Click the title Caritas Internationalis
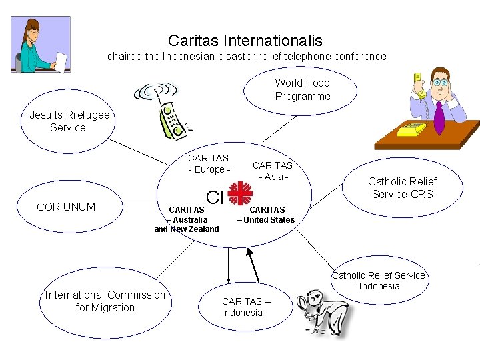click(x=245, y=41)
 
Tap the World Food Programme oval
click(x=302, y=90)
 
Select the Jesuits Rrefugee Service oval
click(x=69, y=121)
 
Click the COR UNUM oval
click(x=66, y=207)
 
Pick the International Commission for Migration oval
click(x=105, y=301)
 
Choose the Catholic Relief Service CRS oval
click(x=402, y=187)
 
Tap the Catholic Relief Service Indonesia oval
click(x=379, y=281)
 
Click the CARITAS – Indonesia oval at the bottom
click(x=245, y=307)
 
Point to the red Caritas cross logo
click(x=239, y=194)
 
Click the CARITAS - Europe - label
click(x=208, y=164)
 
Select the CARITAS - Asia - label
click(x=272, y=171)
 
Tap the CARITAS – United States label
click(x=268, y=215)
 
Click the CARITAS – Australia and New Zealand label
click(x=187, y=219)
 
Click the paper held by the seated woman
click(x=61, y=62)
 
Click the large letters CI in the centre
click(x=214, y=197)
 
